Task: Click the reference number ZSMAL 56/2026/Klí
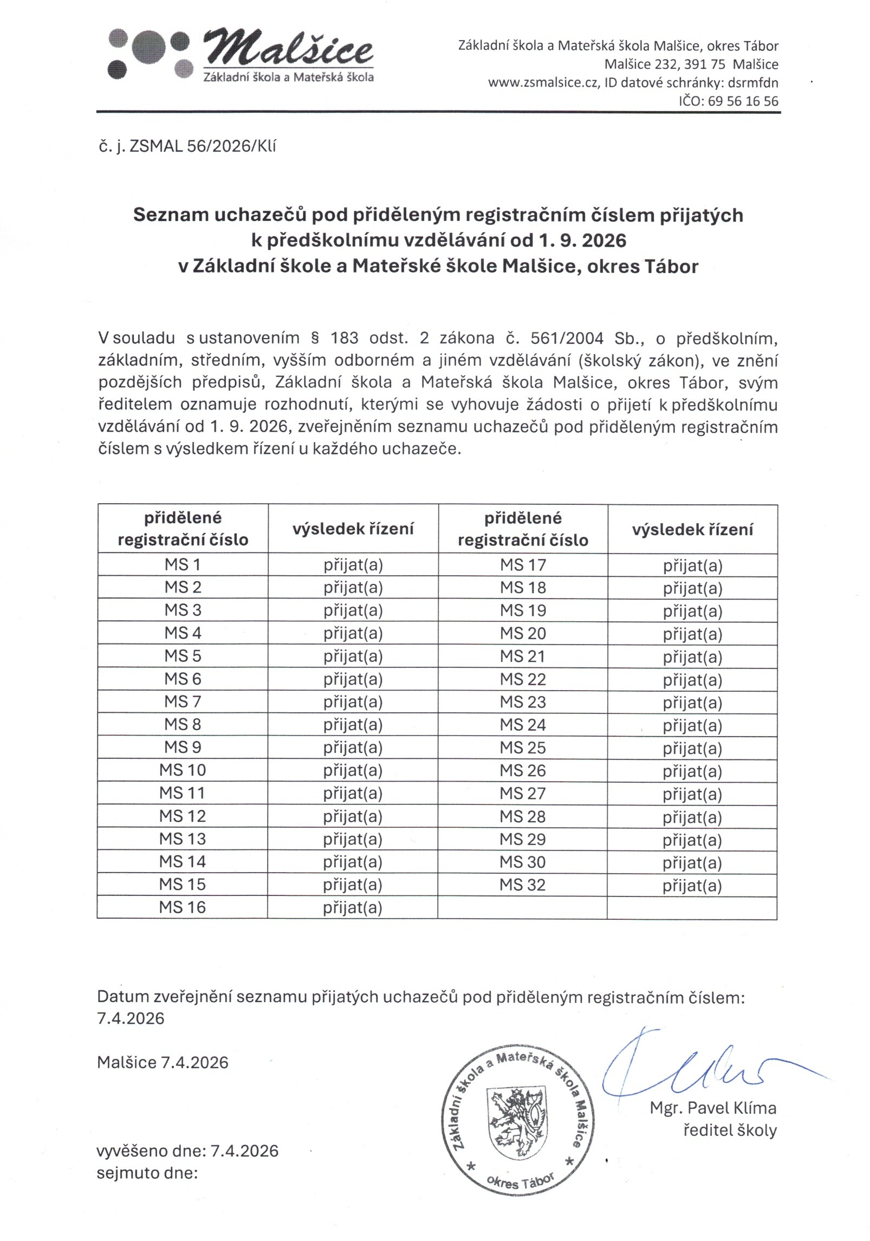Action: click(x=203, y=146)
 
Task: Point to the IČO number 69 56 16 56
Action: click(x=743, y=101)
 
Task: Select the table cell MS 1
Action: click(x=183, y=564)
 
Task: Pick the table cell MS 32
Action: click(x=522, y=885)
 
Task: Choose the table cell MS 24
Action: click(x=522, y=725)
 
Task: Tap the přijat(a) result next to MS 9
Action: click(x=353, y=748)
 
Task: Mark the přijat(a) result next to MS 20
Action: click(x=692, y=634)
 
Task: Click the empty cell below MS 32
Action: click(x=522, y=907)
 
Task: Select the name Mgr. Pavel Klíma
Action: click(x=713, y=1108)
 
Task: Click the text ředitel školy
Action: click(x=730, y=1130)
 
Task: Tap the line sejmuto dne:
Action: click(x=147, y=1173)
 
